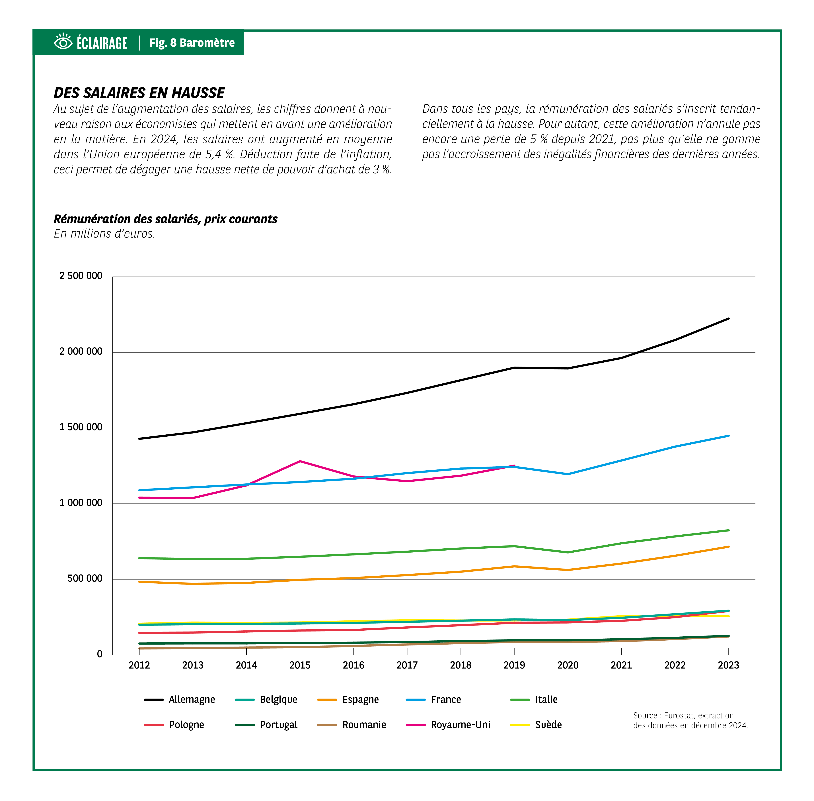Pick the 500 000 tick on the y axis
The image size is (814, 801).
tap(85, 579)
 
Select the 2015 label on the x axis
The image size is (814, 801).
tap(300, 665)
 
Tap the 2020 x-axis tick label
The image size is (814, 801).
tap(568, 665)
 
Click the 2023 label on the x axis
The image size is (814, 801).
tap(728, 665)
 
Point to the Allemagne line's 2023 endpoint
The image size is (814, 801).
tap(728, 318)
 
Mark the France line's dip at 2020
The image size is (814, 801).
tap(568, 474)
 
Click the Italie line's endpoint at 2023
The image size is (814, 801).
tap(728, 530)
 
